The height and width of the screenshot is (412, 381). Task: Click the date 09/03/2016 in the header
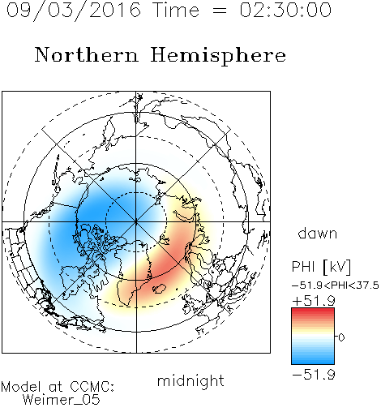point(74,11)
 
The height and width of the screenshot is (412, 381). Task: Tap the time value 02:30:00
point(285,10)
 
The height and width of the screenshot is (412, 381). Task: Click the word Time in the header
point(176,10)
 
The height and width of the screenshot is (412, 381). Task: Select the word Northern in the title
point(86,54)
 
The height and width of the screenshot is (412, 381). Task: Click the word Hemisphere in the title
point(218,56)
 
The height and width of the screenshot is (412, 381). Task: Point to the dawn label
point(318,233)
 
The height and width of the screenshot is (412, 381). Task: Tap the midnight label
point(190,380)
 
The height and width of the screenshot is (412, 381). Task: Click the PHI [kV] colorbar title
point(322,267)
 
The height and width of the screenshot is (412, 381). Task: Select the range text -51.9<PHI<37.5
point(336,285)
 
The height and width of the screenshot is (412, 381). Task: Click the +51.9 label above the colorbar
point(314,301)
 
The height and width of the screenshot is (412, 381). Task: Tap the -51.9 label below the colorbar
point(314,375)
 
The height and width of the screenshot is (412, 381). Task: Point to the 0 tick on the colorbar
point(341,337)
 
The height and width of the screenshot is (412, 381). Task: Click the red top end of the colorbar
point(313,310)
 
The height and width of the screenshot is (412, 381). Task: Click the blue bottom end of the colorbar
point(313,362)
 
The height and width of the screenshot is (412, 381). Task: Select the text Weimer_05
point(62,400)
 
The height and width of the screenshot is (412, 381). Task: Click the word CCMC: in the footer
point(92,387)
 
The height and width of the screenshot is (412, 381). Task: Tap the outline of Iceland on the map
point(159,289)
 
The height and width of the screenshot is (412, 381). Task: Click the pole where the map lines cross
point(136,222)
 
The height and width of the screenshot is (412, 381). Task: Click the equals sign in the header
point(220,11)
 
